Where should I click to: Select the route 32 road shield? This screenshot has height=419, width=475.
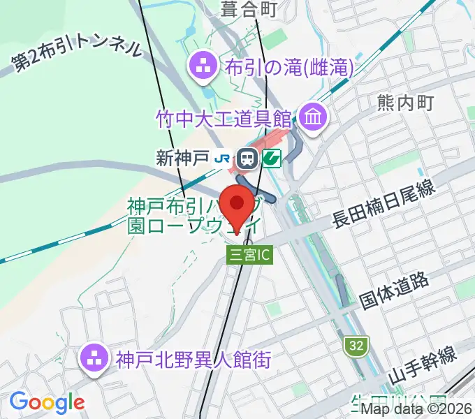[x=355, y=344]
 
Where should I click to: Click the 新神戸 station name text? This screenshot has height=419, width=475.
[x=183, y=159]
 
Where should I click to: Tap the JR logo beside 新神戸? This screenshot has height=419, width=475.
[x=223, y=159]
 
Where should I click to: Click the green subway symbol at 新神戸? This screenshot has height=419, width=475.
[x=272, y=159]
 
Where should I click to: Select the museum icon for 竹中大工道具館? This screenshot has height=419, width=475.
[x=312, y=116]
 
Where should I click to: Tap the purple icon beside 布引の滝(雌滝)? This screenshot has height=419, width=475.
[x=205, y=68]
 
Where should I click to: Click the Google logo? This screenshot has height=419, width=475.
[x=47, y=402]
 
